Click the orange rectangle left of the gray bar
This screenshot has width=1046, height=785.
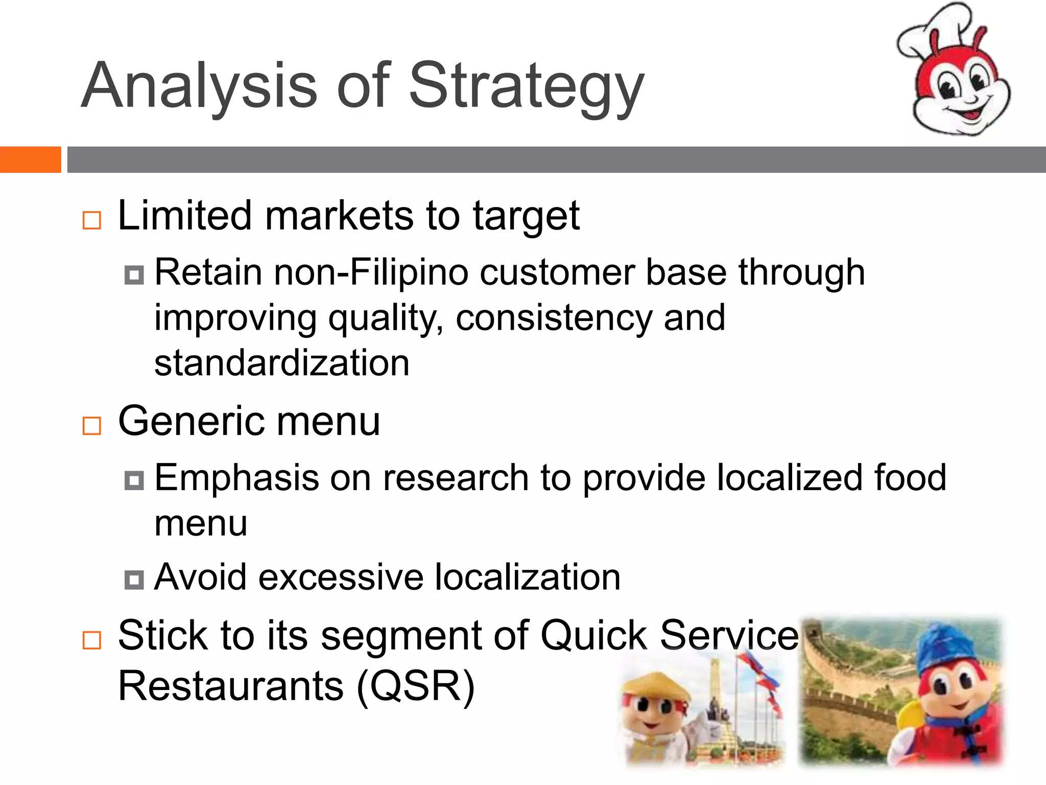30,159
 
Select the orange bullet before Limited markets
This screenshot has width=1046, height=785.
92,221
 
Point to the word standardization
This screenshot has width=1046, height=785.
282,363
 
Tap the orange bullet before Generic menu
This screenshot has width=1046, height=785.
92,425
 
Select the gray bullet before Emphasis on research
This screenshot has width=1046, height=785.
134,480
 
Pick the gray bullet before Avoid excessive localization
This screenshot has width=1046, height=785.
134,580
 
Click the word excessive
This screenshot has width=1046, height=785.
341,578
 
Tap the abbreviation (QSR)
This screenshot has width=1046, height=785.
415,686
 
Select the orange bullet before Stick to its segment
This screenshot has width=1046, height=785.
92,640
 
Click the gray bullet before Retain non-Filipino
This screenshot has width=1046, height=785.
134,275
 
